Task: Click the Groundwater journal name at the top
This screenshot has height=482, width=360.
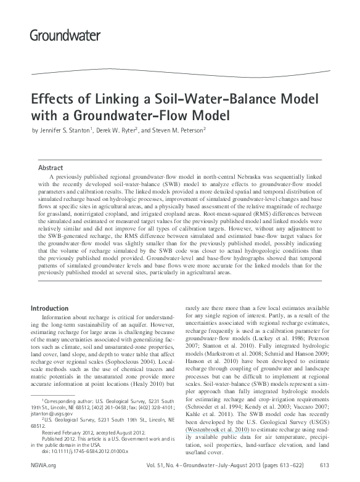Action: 65,34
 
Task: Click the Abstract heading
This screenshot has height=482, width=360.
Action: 51,167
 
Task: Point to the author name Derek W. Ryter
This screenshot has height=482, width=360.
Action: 121,130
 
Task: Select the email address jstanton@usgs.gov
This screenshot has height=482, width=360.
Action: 52,414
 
